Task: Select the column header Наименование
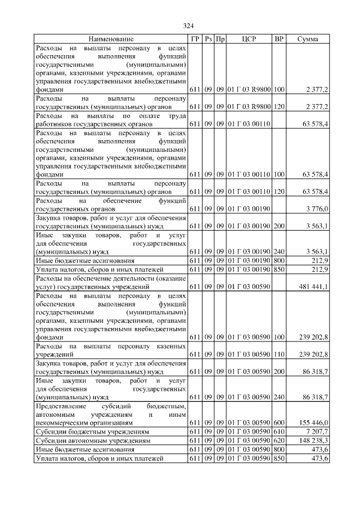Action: [x=111, y=39]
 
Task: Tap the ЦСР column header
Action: [x=249, y=39]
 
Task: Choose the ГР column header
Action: [x=195, y=39]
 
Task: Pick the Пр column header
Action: [x=220, y=39]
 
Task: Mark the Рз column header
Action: [x=208, y=39]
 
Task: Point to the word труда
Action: [x=177, y=115]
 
